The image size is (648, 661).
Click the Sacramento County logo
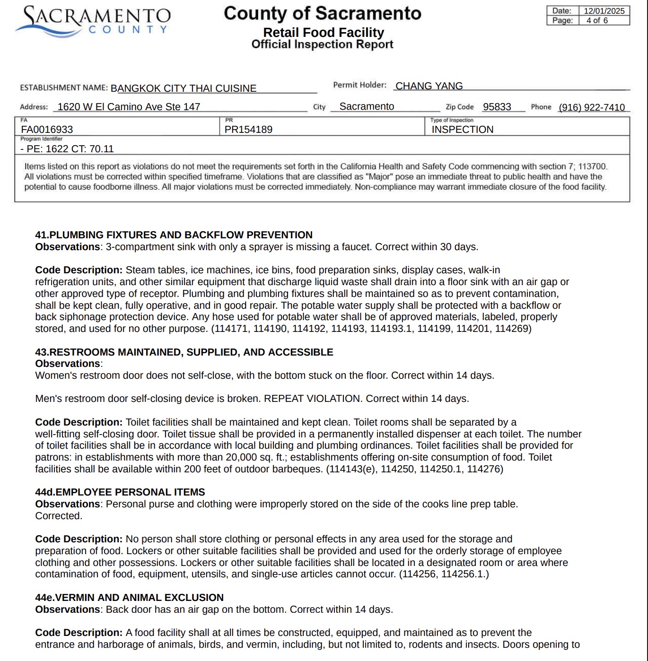point(93,21)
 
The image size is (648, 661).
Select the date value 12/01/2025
point(604,11)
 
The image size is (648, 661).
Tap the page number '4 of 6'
point(597,20)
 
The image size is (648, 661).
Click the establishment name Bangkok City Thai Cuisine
point(184,88)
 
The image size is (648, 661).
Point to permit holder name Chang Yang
point(429,86)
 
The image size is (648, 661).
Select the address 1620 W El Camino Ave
point(129,107)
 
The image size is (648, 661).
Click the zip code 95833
point(497,107)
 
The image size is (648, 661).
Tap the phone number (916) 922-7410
point(592,107)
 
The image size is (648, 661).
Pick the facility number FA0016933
point(47,130)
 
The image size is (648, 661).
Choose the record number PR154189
point(248,130)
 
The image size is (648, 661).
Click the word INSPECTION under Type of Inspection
point(462,130)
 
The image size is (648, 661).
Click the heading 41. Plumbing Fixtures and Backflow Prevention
point(174,235)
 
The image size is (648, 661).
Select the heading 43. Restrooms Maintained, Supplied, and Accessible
point(184,352)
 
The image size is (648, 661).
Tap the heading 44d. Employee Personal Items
point(120,492)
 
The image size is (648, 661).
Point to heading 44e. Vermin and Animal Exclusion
point(129,598)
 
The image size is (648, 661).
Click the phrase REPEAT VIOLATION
point(312,399)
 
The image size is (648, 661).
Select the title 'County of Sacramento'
point(322,13)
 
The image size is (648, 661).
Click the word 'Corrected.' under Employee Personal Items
point(59,516)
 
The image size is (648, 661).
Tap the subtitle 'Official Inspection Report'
point(322,44)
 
